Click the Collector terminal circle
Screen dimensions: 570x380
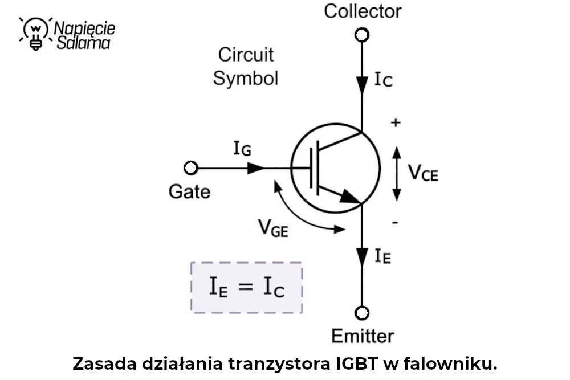point(362,35)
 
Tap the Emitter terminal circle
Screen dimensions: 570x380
point(362,313)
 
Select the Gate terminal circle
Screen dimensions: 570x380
point(191,168)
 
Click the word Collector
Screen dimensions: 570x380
point(363,11)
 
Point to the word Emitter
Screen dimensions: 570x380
point(363,336)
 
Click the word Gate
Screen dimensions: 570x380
point(189,191)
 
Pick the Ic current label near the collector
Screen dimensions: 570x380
point(384,80)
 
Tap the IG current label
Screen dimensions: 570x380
point(242,148)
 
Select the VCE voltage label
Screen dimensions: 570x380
point(423,173)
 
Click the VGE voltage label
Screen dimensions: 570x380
point(273,228)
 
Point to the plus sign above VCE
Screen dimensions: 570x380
point(396,123)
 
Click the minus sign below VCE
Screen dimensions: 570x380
point(395,222)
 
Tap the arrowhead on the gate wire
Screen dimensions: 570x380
point(256,168)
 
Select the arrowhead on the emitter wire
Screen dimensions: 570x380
point(362,257)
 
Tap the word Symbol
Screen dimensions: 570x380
point(246,79)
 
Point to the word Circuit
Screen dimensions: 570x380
point(246,55)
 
